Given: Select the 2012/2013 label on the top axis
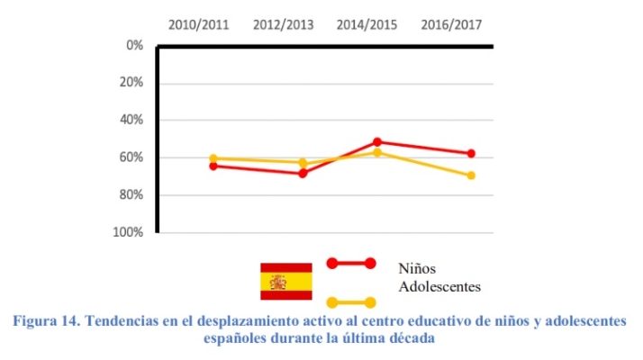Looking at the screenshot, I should point(283,25).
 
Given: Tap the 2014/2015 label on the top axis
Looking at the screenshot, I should point(367,25).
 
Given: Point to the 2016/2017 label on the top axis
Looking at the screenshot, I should point(451,25).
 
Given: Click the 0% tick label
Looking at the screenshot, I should point(134,45).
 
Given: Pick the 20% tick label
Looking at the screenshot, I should point(131,83).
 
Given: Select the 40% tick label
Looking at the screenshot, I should point(131,120).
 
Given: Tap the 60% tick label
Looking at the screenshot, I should point(131,157).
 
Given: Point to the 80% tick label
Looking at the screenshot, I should point(131,194).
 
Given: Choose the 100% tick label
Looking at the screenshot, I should point(129,232).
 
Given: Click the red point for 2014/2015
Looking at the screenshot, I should point(377,141).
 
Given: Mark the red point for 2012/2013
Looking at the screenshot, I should point(303,173).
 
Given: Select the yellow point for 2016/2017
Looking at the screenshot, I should point(471,175).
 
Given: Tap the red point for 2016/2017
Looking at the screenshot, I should point(471,154).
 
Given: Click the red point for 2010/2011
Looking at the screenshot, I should point(213,166).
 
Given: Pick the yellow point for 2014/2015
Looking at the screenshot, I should point(377,152).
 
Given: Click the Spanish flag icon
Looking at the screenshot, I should point(285,281).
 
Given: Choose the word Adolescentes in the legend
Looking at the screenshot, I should point(439,287).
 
